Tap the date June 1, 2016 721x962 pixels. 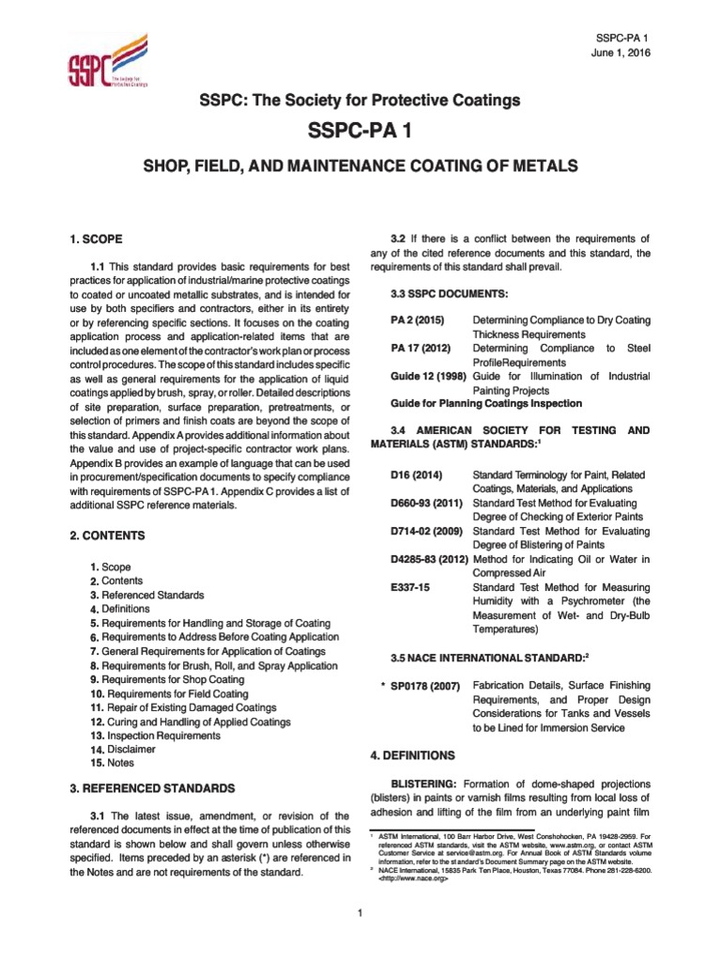coord(621,52)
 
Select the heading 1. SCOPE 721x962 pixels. coord(98,240)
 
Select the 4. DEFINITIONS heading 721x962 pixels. coord(412,754)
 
